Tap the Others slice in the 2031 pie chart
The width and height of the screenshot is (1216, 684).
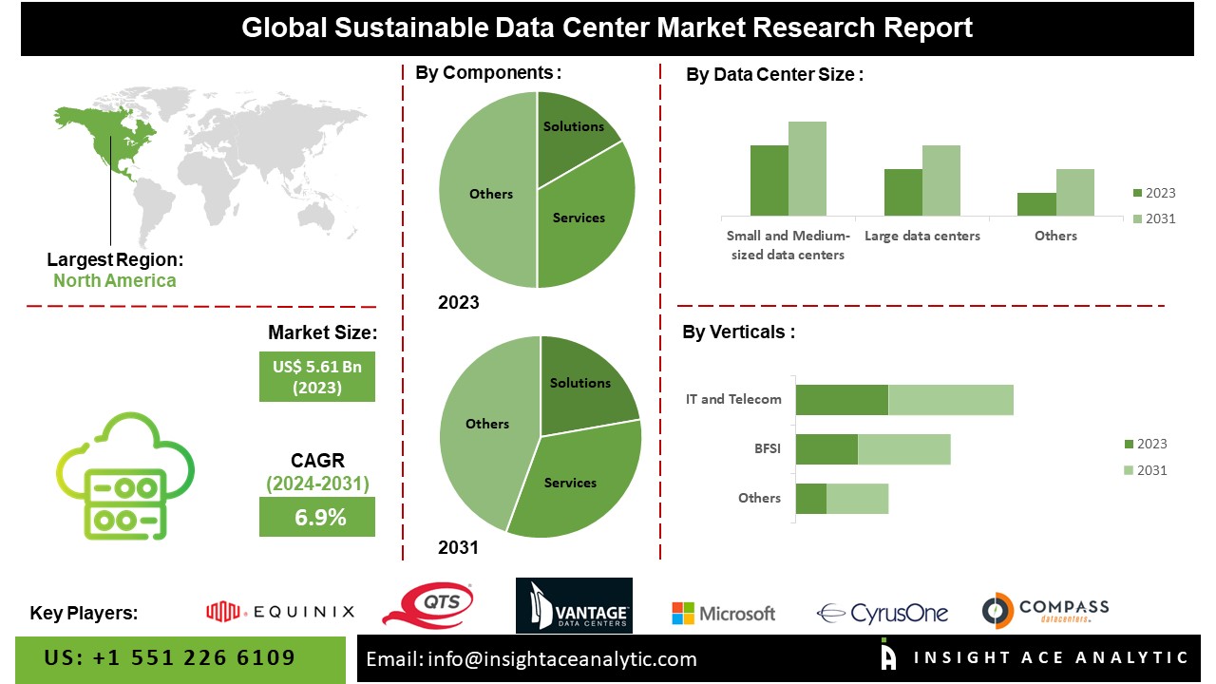(484, 427)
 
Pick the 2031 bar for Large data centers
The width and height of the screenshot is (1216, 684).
(940, 180)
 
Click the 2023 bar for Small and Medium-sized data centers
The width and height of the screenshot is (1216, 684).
(769, 180)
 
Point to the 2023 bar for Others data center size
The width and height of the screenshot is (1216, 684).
(1036, 204)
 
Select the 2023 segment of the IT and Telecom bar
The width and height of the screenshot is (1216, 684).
(841, 400)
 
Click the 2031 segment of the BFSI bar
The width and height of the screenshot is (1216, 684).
(903, 449)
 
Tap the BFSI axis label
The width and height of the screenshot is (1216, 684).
(768, 448)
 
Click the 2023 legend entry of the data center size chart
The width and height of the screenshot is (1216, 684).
(1153, 193)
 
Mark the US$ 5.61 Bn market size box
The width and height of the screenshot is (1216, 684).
(317, 376)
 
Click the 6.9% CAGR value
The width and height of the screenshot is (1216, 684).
(317, 518)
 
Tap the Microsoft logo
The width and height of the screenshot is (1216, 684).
(723, 614)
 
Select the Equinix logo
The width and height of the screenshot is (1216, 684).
(280, 612)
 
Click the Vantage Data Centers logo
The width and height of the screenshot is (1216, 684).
(574, 606)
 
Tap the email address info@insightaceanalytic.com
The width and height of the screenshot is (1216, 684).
(532, 658)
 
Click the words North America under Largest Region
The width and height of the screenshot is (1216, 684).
(114, 280)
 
